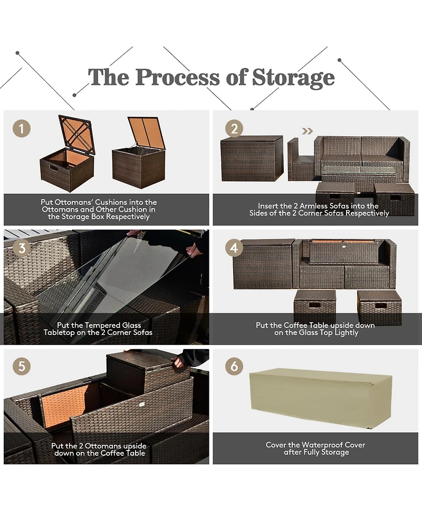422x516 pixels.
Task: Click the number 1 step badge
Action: pyautogui.click(x=22, y=128)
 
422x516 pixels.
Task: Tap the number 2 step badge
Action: pyautogui.click(x=234, y=128)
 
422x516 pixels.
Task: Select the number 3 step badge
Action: pyautogui.click(x=22, y=247)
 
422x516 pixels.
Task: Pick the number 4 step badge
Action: pyautogui.click(x=234, y=247)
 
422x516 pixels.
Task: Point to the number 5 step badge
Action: pyautogui.click(x=22, y=367)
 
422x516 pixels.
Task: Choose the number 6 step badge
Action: pyautogui.click(x=234, y=367)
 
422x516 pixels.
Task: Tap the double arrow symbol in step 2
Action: pyautogui.click(x=306, y=131)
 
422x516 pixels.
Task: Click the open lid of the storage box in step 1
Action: pyautogui.click(x=147, y=133)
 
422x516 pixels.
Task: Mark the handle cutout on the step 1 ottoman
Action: pyautogui.click(x=55, y=168)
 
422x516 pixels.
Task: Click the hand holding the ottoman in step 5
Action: pyautogui.click(x=179, y=362)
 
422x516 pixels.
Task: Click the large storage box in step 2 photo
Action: pyautogui.click(x=252, y=158)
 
